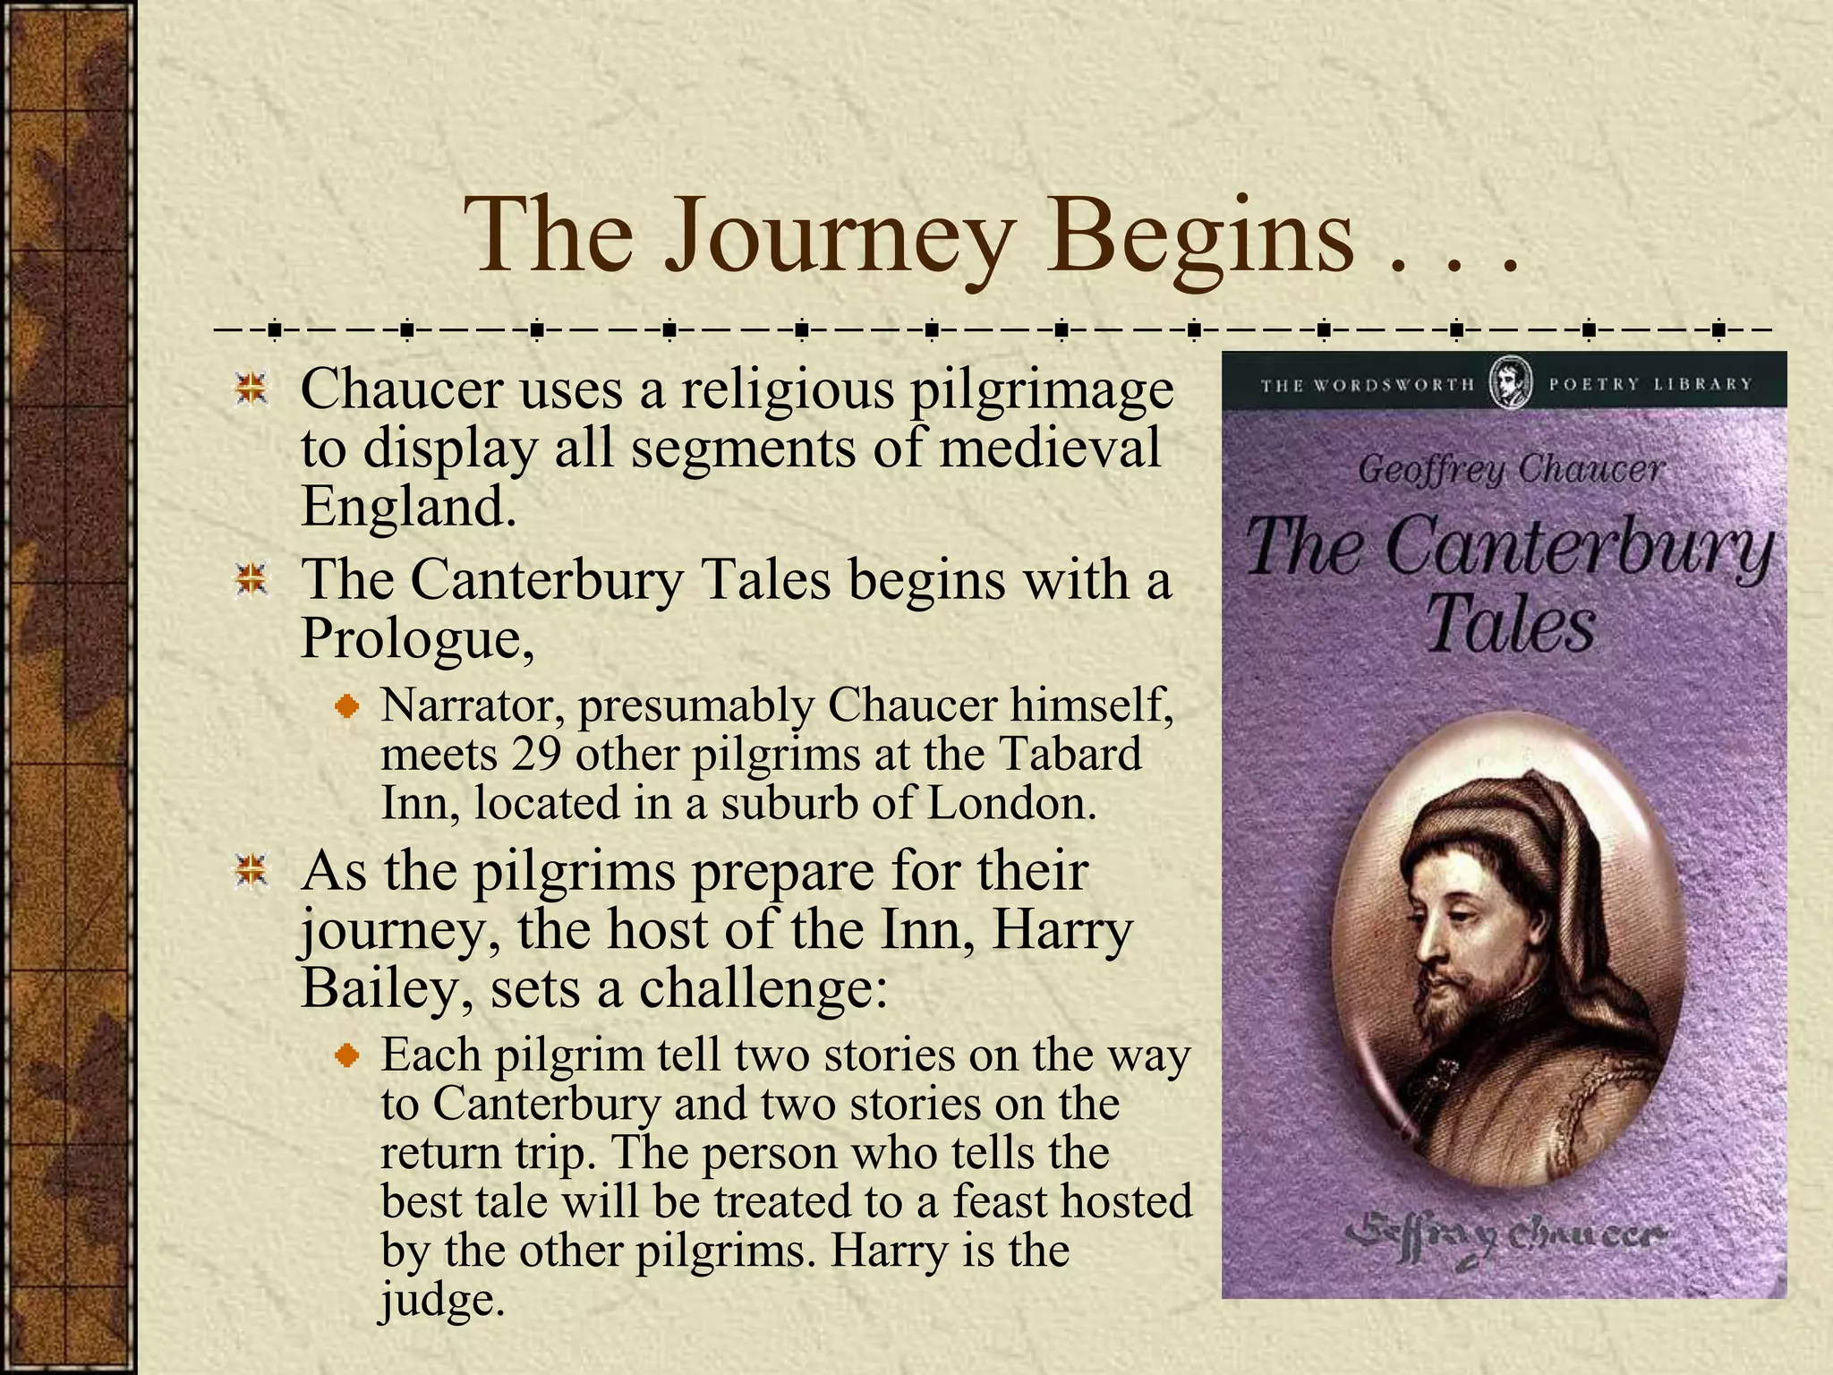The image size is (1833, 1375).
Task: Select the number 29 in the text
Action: point(536,754)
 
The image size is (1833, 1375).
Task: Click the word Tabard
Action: point(1069,754)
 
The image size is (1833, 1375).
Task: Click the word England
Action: point(408,507)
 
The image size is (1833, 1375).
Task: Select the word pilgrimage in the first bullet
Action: point(1042,390)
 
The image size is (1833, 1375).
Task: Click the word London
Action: point(1010,803)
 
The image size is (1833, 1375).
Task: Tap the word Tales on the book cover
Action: point(1510,625)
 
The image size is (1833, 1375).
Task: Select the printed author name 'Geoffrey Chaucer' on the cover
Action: point(1510,470)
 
